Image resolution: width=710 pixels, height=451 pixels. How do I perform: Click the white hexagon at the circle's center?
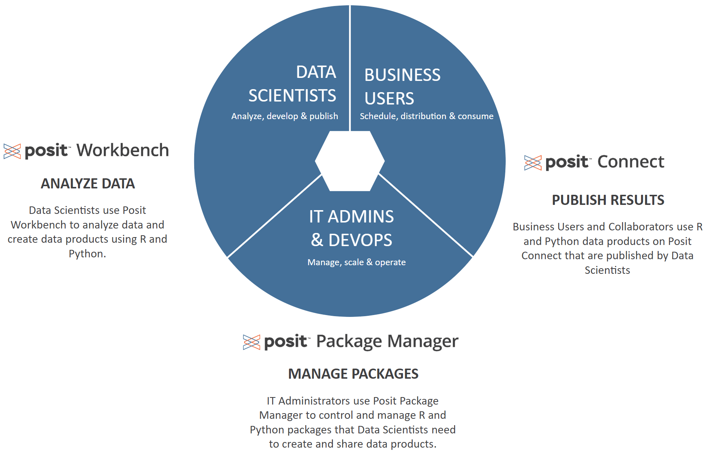350,161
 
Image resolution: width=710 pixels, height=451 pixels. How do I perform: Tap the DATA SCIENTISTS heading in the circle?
292,84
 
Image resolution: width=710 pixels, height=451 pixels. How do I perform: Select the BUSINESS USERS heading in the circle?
402,87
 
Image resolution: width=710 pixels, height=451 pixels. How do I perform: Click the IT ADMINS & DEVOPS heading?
352,228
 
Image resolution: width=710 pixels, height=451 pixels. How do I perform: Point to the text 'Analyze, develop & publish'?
285,116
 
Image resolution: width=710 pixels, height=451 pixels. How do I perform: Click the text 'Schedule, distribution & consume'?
427,116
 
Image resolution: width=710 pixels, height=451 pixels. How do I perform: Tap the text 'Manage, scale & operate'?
356,262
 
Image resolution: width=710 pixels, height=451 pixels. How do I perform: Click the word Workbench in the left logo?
123,150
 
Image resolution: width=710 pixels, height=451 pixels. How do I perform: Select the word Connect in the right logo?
631,162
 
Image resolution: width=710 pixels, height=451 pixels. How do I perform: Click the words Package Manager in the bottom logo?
387,341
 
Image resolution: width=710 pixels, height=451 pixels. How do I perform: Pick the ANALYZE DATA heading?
88,184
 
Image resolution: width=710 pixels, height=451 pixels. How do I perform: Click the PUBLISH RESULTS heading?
608,200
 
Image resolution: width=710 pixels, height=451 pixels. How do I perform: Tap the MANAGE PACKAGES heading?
353,374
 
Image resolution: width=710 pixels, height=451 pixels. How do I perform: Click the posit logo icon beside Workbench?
12,151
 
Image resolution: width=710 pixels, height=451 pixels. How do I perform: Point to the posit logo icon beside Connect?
533,163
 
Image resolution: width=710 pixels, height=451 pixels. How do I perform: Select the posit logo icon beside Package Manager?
251,342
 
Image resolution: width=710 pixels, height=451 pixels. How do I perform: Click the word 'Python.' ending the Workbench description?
87,254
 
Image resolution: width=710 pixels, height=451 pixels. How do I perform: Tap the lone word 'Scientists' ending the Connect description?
607,270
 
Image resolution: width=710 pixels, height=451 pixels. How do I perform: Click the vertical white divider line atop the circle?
350,67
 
